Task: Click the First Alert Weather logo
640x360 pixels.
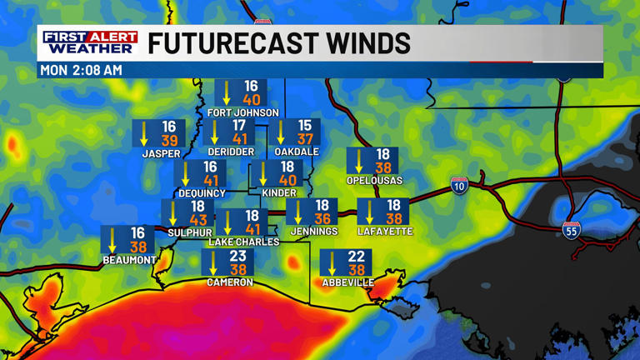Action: [91, 42]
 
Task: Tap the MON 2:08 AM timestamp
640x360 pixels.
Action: [82, 71]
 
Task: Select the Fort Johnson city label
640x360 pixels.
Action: [242, 112]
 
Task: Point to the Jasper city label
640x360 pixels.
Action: [161, 153]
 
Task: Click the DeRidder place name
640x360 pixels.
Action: [229, 152]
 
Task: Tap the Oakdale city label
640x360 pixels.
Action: [297, 152]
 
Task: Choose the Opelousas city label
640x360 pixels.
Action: [374, 180]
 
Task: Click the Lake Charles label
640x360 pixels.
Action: [243, 242]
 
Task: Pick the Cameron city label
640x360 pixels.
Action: [230, 282]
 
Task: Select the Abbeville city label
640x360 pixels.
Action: [347, 282]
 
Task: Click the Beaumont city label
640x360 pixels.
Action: [129, 260]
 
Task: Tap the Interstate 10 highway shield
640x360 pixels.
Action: [459, 185]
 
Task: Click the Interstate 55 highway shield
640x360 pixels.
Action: [571, 229]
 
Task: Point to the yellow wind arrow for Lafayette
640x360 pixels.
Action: [370, 212]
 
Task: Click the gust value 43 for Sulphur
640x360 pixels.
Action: [198, 221]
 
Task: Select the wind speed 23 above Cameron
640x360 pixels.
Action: [238, 257]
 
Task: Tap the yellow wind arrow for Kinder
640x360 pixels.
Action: [263, 174]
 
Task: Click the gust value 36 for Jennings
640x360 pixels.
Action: [322, 220]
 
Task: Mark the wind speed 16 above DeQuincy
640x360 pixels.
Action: [210, 167]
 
